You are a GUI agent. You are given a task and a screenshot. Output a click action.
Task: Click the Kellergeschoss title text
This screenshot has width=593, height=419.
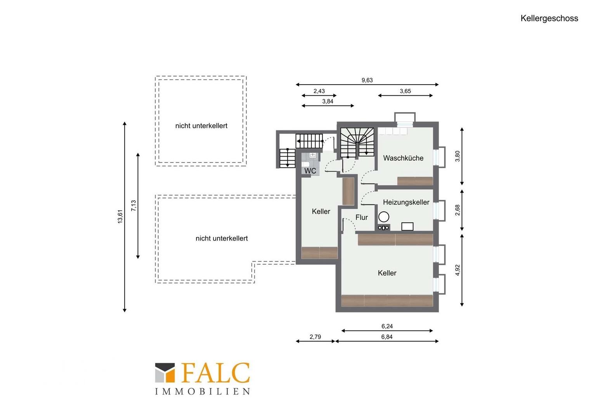(x=549, y=19)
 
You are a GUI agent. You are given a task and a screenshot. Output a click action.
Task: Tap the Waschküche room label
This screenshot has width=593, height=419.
(x=403, y=158)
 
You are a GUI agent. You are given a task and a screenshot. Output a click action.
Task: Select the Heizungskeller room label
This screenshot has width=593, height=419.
(x=406, y=202)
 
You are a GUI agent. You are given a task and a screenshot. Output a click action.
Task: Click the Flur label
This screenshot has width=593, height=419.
(x=362, y=217)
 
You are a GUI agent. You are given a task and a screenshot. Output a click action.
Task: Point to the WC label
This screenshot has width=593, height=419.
(x=310, y=171)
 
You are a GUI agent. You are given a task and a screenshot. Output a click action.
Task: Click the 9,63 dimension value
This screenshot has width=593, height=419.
(x=367, y=80)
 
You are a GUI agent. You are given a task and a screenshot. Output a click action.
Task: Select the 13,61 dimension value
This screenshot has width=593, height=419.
(x=120, y=216)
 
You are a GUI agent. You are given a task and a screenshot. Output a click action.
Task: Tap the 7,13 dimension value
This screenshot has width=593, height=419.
(x=134, y=205)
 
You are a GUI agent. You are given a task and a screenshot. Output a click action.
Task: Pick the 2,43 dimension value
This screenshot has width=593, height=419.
(x=319, y=91)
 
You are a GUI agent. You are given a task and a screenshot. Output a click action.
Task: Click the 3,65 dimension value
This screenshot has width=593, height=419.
(x=405, y=91)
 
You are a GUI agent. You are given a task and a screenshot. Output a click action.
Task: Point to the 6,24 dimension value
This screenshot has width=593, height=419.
(x=387, y=326)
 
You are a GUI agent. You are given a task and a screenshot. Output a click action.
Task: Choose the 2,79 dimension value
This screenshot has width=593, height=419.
(x=315, y=337)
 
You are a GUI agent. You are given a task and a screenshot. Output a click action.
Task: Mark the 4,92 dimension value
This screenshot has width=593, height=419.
(x=458, y=270)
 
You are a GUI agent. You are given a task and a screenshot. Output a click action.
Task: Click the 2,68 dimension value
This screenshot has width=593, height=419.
(x=458, y=210)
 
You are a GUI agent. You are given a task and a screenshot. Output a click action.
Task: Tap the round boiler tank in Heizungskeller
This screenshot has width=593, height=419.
(x=383, y=217)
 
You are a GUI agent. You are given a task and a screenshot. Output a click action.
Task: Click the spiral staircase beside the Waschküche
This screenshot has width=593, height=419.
(x=357, y=143)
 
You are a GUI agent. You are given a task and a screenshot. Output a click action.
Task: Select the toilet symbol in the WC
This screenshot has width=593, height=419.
(x=305, y=164)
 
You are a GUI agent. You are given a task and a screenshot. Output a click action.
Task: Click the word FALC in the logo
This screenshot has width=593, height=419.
(x=215, y=373)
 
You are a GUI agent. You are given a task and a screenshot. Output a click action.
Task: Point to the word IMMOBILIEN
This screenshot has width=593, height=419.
(x=203, y=391)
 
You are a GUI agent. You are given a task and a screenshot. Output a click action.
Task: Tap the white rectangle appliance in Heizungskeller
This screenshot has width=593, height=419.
(x=407, y=227)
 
